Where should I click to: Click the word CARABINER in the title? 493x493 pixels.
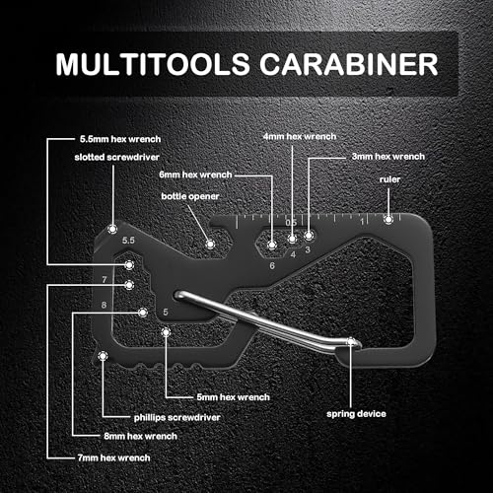(x=349, y=64)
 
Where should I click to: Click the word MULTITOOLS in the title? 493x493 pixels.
(x=153, y=64)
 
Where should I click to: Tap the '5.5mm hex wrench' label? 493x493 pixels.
(x=120, y=139)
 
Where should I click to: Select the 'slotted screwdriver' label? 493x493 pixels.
(x=117, y=157)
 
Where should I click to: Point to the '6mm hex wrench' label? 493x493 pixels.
(x=195, y=175)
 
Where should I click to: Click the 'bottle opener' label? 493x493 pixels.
(x=190, y=196)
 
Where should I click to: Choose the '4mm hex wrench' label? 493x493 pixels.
(x=300, y=136)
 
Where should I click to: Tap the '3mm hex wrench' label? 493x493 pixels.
(x=388, y=157)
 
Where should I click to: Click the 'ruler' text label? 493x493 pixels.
(x=389, y=179)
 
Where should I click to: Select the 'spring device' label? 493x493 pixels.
(x=356, y=414)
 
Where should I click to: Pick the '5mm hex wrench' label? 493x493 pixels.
(x=234, y=397)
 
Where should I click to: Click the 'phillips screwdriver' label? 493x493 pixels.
(x=176, y=417)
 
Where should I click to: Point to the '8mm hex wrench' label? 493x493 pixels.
(x=141, y=436)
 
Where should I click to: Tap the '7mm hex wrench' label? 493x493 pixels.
(x=113, y=458)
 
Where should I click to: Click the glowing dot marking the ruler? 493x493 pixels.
(x=388, y=219)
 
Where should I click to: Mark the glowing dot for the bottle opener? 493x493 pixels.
(x=210, y=245)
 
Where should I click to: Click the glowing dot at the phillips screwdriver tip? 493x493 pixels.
(x=103, y=356)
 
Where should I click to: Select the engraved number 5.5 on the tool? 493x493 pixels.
(x=128, y=241)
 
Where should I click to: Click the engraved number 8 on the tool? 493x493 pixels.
(x=104, y=305)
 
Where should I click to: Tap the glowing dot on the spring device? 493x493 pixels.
(x=351, y=342)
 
